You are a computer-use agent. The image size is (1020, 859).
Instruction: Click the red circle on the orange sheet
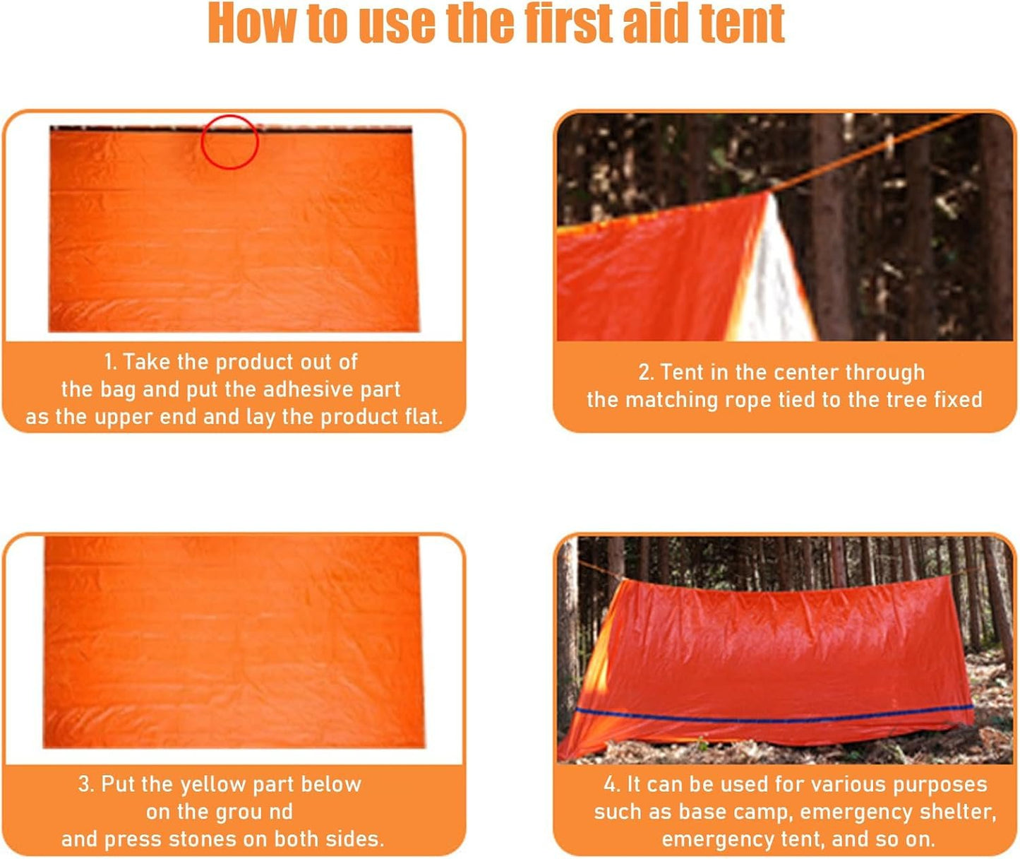pos(230,142)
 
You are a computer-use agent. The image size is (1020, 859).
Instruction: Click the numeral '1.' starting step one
pos(110,362)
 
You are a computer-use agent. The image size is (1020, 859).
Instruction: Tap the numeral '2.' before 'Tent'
pos(646,372)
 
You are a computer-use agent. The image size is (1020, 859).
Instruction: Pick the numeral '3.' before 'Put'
pos(86,784)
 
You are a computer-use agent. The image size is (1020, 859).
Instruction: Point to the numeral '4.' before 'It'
pos(612,784)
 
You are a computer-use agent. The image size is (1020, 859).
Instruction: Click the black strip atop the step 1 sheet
pos(141,129)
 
